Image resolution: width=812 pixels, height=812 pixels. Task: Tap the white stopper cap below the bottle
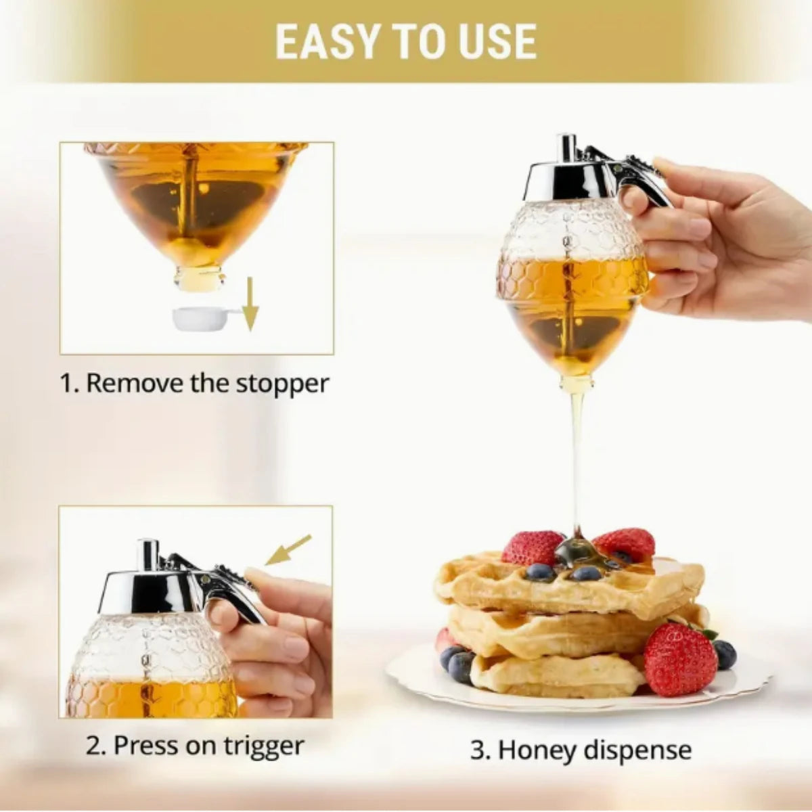(200, 319)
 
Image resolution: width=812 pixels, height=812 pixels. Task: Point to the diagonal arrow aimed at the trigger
(288, 549)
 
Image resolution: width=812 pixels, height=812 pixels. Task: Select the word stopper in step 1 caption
(282, 383)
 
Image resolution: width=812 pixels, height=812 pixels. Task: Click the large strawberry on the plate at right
(679, 659)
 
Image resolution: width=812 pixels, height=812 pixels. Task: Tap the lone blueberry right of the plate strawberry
(724, 654)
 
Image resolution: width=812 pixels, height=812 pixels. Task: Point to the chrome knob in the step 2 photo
(147, 554)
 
